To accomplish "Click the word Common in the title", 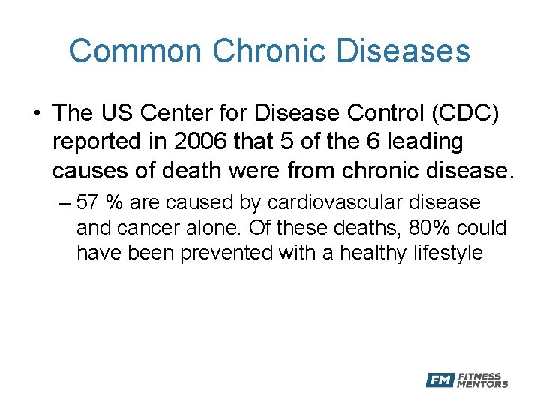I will click(x=136, y=52).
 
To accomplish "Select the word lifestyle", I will click(x=448, y=253).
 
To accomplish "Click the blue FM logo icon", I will click(x=439, y=380).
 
